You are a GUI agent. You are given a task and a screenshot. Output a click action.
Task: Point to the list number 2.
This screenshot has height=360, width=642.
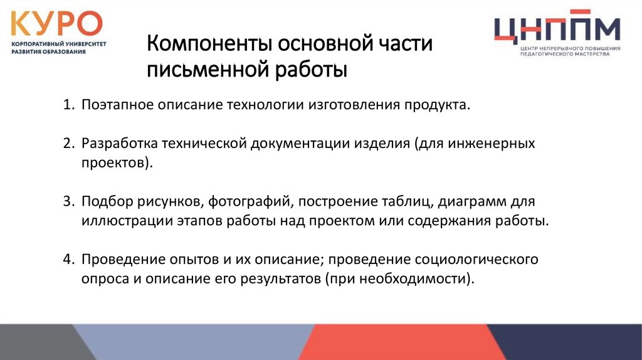point(67,143)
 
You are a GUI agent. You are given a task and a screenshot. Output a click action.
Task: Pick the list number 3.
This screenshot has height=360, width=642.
point(67,201)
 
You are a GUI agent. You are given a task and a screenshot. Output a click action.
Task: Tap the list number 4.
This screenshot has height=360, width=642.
point(67,259)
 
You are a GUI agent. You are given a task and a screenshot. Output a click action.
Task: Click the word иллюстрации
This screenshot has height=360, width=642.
point(117,221)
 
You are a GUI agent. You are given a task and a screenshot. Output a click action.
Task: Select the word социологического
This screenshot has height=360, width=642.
point(482,259)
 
